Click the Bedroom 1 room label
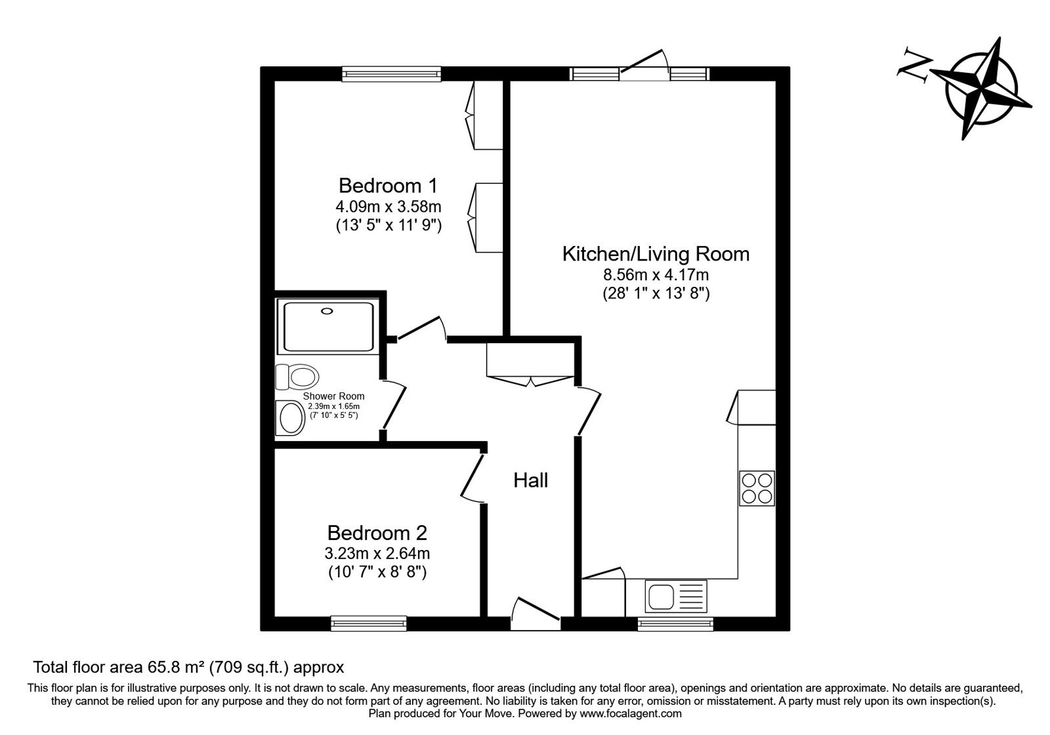pyautogui.click(x=387, y=185)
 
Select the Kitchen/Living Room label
pyautogui.click(x=656, y=254)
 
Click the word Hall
pyautogui.click(x=530, y=480)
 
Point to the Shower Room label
pyautogui.click(x=333, y=396)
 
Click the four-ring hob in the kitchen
pyautogui.click(x=757, y=488)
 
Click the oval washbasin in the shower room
pyautogui.click(x=290, y=418)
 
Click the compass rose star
pyautogui.click(x=982, y=89)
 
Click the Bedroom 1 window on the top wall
pyautogui.click(x=391, y=73)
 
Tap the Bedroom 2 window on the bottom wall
pyautogui.click(x=368, y=623)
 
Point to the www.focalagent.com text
pyautogui.click(x=630, y=713)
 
